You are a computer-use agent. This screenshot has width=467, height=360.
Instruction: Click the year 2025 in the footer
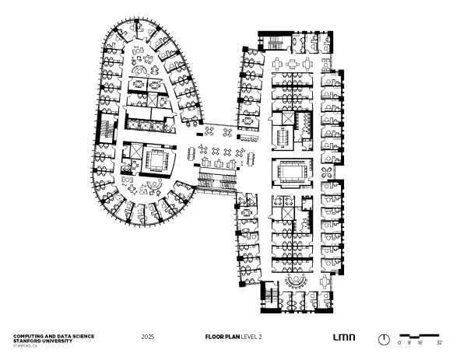148,337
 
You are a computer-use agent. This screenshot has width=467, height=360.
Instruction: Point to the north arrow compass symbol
384,339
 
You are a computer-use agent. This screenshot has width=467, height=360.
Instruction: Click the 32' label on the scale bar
440,342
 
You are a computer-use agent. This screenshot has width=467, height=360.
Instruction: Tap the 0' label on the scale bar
399,342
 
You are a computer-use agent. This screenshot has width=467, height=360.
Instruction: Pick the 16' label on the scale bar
420,342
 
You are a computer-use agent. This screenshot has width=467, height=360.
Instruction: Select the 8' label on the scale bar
409,342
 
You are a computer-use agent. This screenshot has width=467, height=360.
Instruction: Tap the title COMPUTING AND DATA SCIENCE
54,335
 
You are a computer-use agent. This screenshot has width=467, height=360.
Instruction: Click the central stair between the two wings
218,181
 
